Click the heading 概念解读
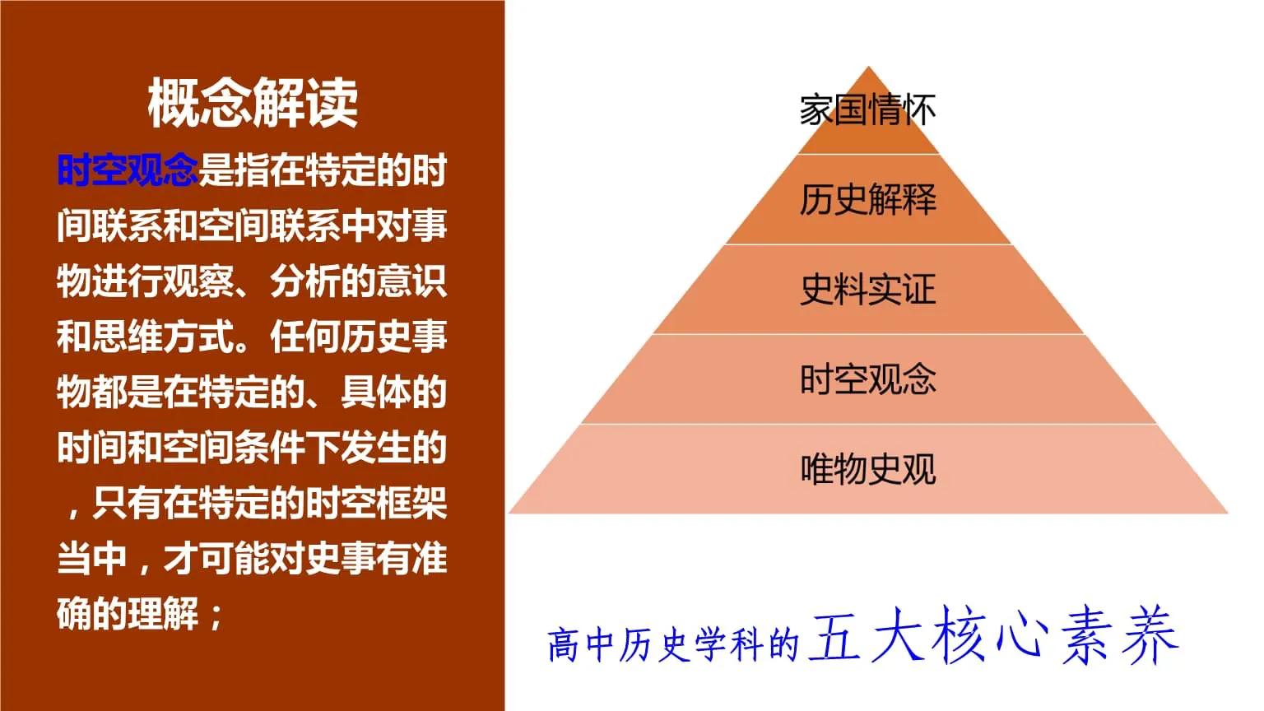click(253, 104)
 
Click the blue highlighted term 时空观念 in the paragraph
click(128, 170)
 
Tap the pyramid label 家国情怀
click(867, 110)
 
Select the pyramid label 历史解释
click(867, 200)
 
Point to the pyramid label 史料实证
click(867, 290)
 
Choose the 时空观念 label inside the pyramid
click(867, 379)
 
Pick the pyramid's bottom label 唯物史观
click(867, 469)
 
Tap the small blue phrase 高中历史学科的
click(673, 644)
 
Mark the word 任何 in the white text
click(305, 337)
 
